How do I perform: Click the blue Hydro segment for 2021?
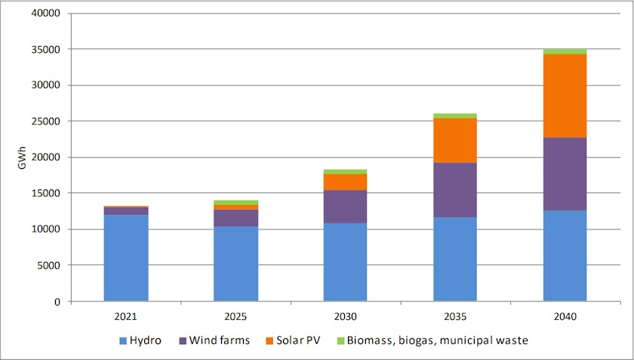point(125,258)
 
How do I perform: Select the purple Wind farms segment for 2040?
point(565,174)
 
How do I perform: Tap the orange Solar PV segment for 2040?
point(565,96)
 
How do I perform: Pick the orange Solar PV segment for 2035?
point(455,140)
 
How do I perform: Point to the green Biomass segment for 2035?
point(455,115)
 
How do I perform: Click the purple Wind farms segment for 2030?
point(345,207)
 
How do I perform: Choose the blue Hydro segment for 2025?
point(235,264)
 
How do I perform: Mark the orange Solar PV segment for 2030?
point(345,182)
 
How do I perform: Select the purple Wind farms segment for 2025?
point(235,218)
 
